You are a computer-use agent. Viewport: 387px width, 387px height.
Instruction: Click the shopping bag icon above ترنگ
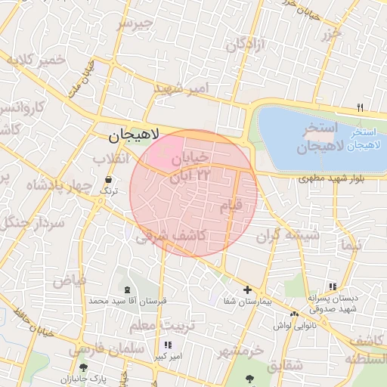(109, 181)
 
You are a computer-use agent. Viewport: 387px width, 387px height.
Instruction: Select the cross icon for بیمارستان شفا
(247, 289)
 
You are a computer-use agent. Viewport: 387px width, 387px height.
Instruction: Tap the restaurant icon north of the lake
(361, 107)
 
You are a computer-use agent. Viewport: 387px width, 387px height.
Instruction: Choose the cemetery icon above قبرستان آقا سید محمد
(126, 289)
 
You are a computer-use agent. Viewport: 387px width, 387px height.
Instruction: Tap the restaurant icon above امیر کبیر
(167, 345)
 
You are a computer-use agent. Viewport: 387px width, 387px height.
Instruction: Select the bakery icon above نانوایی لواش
(293, 314)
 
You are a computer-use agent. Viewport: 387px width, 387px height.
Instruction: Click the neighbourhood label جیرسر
(135, 23)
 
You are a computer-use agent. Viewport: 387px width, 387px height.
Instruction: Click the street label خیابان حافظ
(34, 322)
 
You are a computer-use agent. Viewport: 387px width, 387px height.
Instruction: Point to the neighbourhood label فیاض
(69, 281)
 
